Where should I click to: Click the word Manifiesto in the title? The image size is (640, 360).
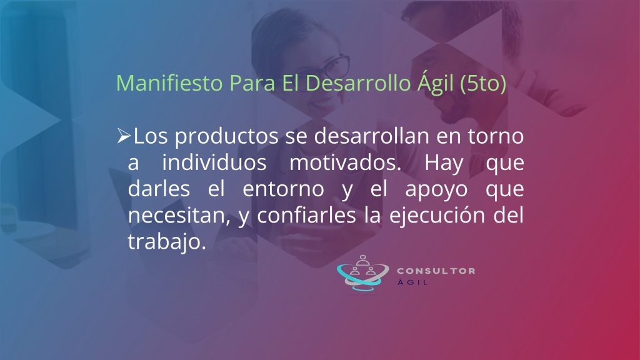(x=169, y=83)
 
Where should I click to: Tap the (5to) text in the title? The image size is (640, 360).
(x=483, y=84)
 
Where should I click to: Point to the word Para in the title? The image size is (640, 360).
(x=252, y=83)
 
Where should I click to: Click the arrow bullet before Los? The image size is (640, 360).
(x=124, y=136)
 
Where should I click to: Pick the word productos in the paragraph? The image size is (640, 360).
(x=226, y=136)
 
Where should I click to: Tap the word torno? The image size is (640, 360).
(x=496, y=136)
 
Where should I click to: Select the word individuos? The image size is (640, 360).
(x=214, y=162)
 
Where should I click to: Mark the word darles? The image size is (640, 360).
(x=159, y=189)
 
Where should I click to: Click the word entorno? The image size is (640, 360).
(x=283, y=189)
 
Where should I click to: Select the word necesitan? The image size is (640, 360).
(x=177, y=216)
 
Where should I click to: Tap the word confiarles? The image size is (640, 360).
(x=306, y=215)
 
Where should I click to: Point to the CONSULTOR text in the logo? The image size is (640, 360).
(x=436, y=271)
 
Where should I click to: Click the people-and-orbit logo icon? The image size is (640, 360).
(x=362, y=272)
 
